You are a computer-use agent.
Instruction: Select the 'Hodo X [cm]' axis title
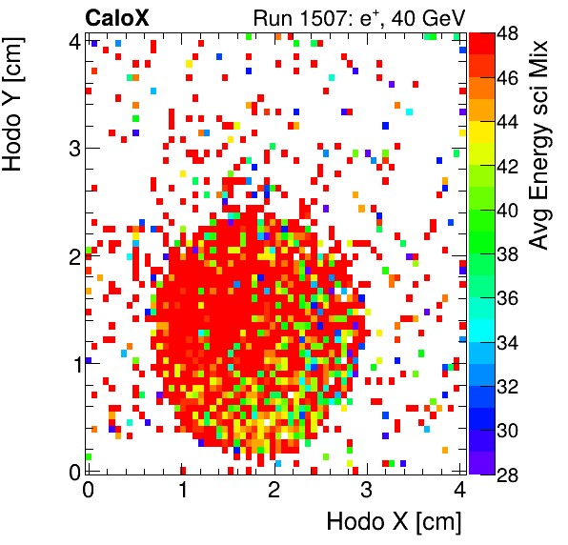coord(394,521)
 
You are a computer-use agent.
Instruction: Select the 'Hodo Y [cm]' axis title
coord(15,100)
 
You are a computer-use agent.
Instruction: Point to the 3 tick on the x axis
coord(367,491)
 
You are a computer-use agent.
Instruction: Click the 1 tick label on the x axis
coord(181,491)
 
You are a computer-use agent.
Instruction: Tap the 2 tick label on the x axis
coord(274,491)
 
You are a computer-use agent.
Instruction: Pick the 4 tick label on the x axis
coord(459,491)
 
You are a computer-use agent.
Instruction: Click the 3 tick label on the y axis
coord(73,149)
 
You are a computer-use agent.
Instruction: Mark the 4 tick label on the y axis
coord(73,41)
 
